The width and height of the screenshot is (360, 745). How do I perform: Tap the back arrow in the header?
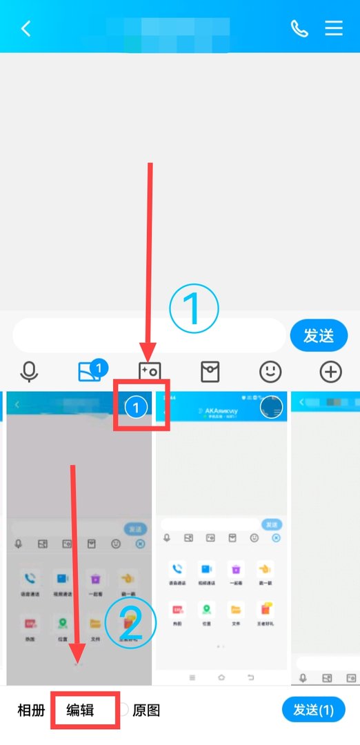point(26,28)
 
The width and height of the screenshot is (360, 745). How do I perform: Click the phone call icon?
point(299,28)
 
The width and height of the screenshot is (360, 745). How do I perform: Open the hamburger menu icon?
point(334,28)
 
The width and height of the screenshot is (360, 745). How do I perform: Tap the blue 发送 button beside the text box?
point(318,336)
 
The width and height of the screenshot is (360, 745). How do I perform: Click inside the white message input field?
point(148,336)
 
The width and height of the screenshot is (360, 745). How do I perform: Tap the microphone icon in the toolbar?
point(29,372)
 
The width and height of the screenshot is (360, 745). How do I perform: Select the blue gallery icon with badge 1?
point(90,372)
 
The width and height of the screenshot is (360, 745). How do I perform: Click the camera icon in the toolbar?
point(149,372)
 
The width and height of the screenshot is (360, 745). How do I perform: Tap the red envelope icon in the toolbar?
point(210,372)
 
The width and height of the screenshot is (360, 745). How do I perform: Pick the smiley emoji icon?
point(270,372)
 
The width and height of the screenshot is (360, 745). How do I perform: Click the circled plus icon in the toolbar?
point(331,372)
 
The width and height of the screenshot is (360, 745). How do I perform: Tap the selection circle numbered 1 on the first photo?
point(137,408)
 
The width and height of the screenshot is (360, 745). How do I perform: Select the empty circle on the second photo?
point(272,408)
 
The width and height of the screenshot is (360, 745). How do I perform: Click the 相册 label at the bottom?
point(31,710)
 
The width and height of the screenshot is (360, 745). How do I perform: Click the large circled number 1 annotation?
point(194,310)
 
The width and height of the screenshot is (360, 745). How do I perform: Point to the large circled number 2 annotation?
point(131,623)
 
